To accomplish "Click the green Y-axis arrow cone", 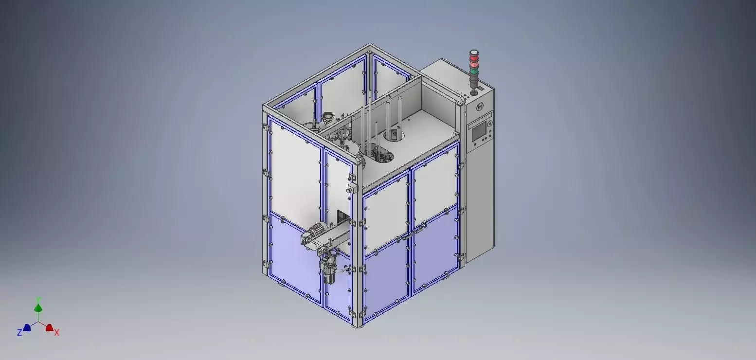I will coord(38,308).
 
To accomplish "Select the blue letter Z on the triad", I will coord(19,333).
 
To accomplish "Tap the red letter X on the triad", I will coord(57,333).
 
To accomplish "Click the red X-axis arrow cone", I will coord(49,327).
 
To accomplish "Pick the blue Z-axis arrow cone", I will coord(27,327).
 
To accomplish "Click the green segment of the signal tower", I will coord(474,72).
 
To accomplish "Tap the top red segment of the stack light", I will coord(474,58).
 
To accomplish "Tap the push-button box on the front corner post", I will coord(351,189).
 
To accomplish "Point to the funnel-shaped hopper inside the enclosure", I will coord(329,117).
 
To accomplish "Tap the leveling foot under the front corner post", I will coord(359,326).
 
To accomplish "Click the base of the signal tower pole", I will coord(473,92).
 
